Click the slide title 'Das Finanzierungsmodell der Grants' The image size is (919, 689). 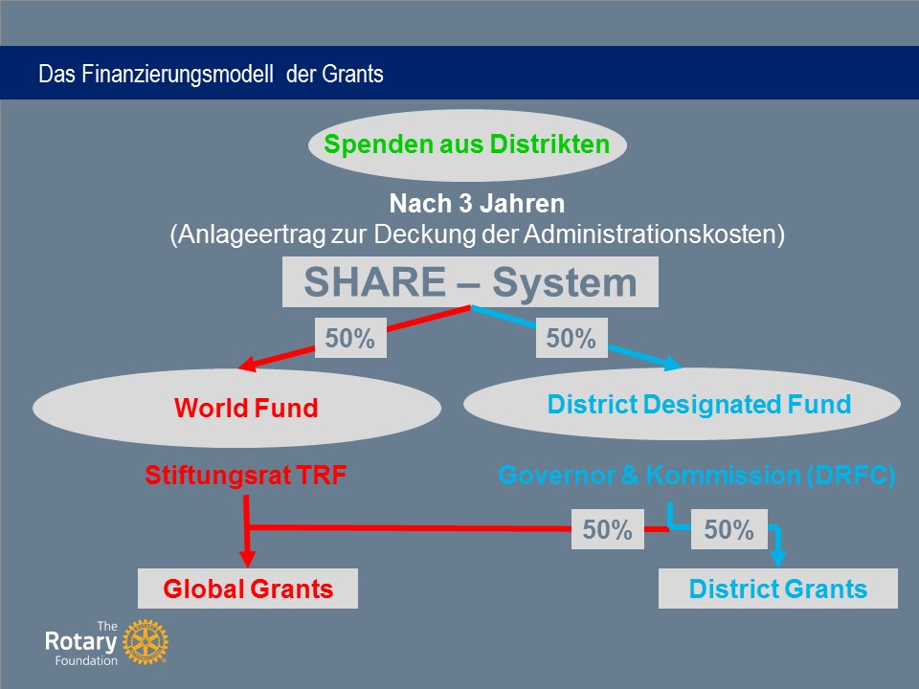pyautogui.click(x=211, y=74)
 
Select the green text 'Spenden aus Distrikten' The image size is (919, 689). pyautogui.click(x=467, y=144)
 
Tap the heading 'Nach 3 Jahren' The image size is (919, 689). pyautogui.click(x=477, y=203)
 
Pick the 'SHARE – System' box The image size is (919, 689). pyautogui.click(x=470, y=281)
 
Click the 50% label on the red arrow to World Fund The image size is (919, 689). pyautogui.click(x=350, y=338)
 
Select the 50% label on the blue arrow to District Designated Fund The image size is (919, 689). pyautogui.click(x=572, y=338)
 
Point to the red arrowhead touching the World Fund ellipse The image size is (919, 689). pyautogui.click(x=248, y=364)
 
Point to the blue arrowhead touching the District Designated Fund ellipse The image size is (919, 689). pyautogui.click(x=672, y=364)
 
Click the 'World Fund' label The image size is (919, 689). pyautogui.click(x=246, y=408)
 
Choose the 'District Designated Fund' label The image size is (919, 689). pyautogui.click(x=699, y=404)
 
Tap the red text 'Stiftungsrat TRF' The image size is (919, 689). pyautogui.click(x=246, y=475)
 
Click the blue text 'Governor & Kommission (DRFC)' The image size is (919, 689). pyautogui.click(x=697, y=475)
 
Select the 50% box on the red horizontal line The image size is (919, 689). pyautogui.click(x=608, y=529)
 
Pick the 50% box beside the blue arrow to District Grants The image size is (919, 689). pyautogui.click(x=729, y=529)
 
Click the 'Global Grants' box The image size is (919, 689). pyautogui.click(x=248, y=589)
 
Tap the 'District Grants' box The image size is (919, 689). pyautogui.click(x=778, y=589)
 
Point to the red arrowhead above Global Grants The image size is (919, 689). pyautogui.click(x=247, y=558)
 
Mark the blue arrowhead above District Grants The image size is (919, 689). pyautogui.click(x=777, y=558)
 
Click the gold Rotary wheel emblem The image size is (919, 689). pyautogui.click(x=146, y=642)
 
